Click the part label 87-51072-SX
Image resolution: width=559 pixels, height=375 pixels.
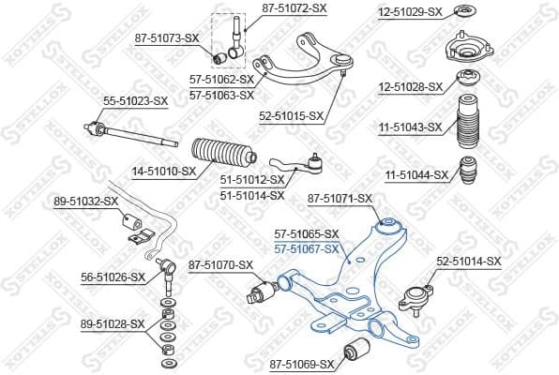coord(294,7)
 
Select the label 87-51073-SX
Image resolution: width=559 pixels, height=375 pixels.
coord(168,37)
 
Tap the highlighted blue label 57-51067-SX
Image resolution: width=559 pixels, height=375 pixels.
coord(306,248)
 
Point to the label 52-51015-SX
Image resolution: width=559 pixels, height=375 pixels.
coord(291,116)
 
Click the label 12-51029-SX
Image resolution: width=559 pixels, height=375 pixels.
coord(410,12)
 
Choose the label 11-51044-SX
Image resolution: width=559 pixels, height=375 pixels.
coord(416,174)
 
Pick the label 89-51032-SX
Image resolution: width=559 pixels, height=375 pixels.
coord(86,201)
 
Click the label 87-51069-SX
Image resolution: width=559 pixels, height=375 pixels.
coord(301,364)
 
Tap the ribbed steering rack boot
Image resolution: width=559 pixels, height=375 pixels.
coord(224,156)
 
